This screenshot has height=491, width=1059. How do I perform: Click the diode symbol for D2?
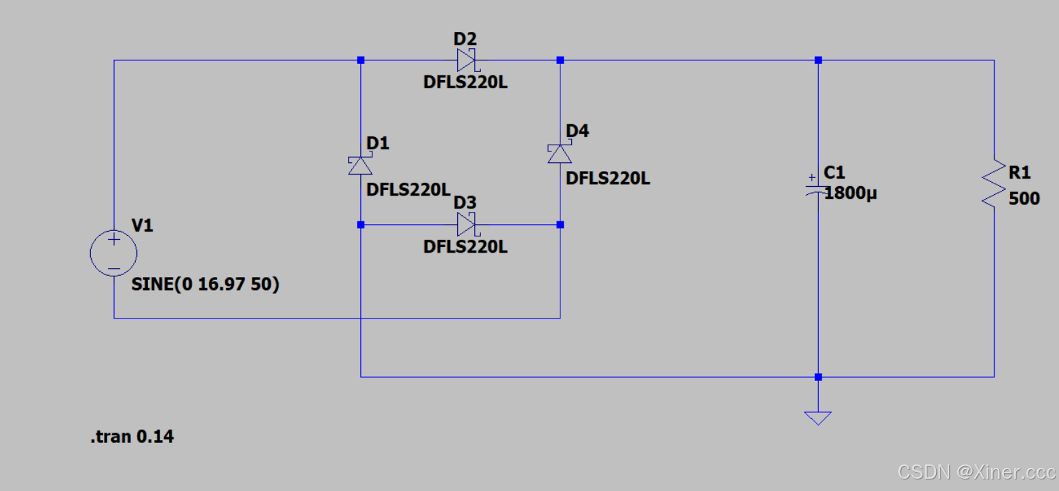467,60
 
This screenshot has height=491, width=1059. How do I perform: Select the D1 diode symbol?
360,165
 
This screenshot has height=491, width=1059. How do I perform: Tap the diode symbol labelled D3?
467,223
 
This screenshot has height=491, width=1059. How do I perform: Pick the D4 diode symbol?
560,153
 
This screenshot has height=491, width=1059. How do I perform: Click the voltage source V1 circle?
114,253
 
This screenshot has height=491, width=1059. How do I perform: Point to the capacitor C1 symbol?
818,188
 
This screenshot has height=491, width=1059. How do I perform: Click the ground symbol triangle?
818,417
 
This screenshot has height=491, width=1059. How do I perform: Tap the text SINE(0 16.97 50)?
206,285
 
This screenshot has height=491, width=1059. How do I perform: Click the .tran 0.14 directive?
132,437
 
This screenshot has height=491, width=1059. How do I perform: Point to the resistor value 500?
1024,199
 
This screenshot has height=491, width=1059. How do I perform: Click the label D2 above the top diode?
466,40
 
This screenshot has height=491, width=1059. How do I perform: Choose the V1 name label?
142,225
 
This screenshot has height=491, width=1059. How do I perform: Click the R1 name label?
1020,172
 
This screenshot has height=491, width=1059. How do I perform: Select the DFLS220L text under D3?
465,247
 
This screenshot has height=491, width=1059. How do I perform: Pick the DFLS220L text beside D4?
608,179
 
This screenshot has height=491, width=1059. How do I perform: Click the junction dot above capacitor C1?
818,60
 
